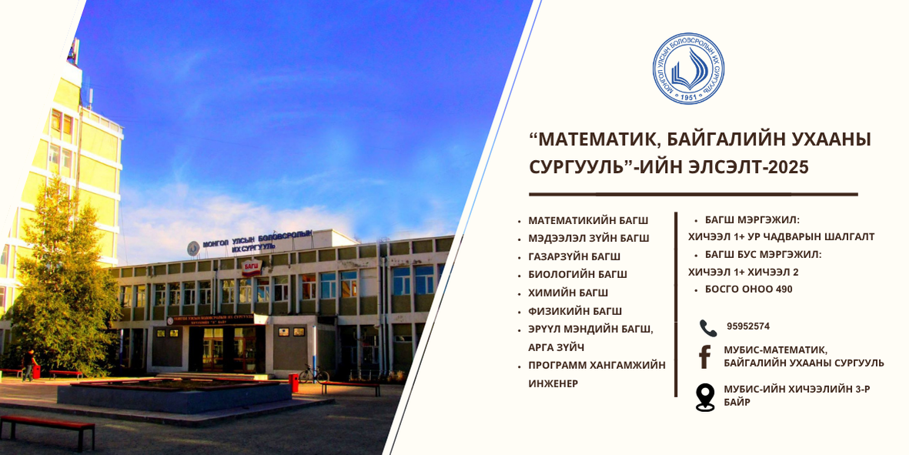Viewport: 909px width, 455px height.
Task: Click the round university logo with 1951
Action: click(688, 69)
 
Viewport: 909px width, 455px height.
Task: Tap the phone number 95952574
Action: click(748, 326)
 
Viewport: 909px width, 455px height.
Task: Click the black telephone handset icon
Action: click(708, 328)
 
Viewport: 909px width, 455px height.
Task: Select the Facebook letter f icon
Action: click(704, 357)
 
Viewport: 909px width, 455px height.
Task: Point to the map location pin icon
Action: click(705, 397)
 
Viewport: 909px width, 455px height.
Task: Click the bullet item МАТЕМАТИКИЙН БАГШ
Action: click(588, 220)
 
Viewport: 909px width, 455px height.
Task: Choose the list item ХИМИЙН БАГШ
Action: click(568, 293)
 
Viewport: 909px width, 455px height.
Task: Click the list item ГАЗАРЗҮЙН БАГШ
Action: click(574, 256)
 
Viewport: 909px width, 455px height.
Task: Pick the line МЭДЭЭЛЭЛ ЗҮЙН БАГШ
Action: click(588, 238)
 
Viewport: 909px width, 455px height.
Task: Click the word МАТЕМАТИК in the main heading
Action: click(594, 140)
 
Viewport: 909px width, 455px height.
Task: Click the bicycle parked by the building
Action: click(313, 374)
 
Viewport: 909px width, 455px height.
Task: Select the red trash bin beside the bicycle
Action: click(293, 383)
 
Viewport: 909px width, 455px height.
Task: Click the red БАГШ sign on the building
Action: click(252, 267)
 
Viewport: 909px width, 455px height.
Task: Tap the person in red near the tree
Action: click(28, 365)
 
